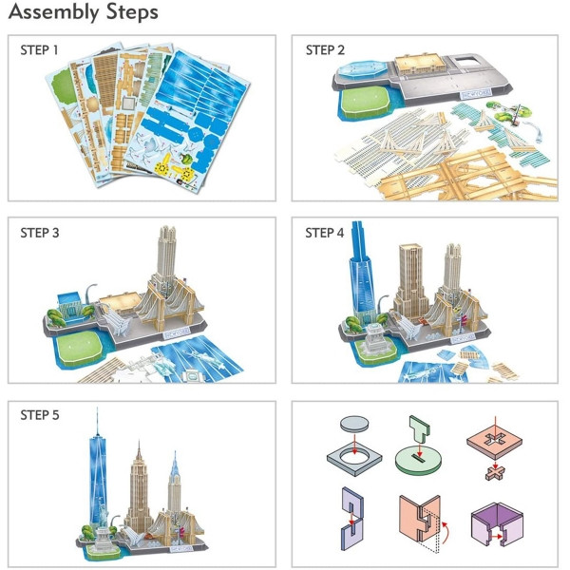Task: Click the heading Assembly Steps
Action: pos(84,12)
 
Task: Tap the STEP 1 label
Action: pos(39,50)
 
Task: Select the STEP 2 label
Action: pos(325,50)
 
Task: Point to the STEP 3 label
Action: pos(40,233)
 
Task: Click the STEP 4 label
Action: pos(324,233)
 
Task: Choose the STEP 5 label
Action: pos(40,415)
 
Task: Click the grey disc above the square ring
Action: pos(354,425)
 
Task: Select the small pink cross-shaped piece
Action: pos(495,472)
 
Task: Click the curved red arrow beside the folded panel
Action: pos(446,533)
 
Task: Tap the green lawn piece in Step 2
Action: pos(367,102)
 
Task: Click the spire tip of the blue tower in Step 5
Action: pos(97,408)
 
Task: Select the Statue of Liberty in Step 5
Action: pos(103,523)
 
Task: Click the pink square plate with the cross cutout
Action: pos(494,441)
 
